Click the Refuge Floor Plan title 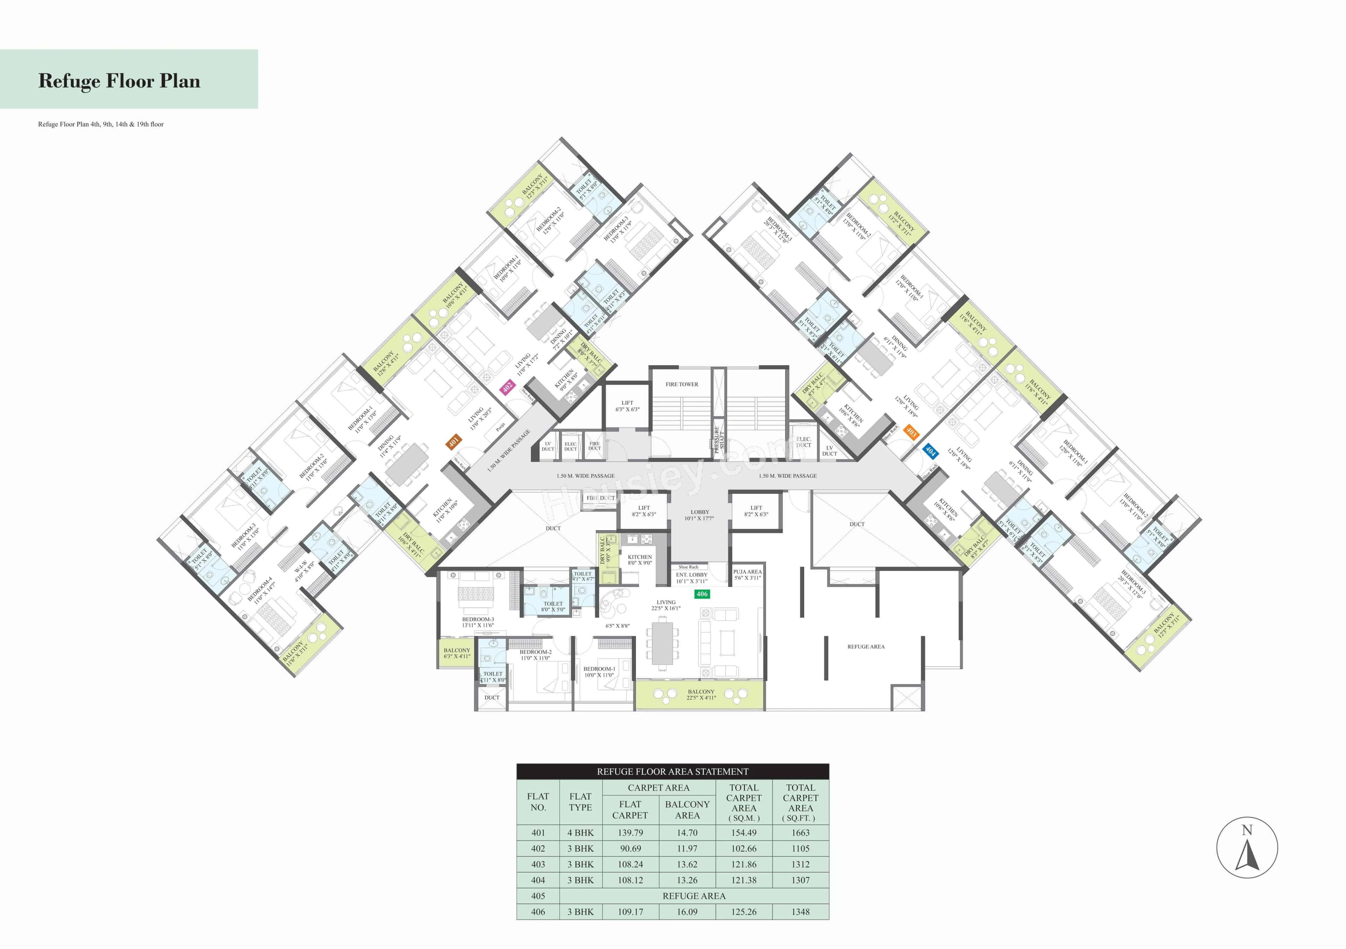pyautogui.click(x=119, y=81)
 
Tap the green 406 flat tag pyautogui.click(x=702, y=594)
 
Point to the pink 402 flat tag pyautogui.click(x=507, y=386)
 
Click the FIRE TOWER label pyautogui.click(x=682, y=384)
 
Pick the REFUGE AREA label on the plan pyautogui.click(x=866, y=647)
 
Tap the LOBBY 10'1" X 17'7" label pyautogui.click(x=699, y=515)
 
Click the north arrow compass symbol pyautogui.click(x=1247, y=848)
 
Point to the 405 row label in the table pyautogui.click(x=538, y=896)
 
